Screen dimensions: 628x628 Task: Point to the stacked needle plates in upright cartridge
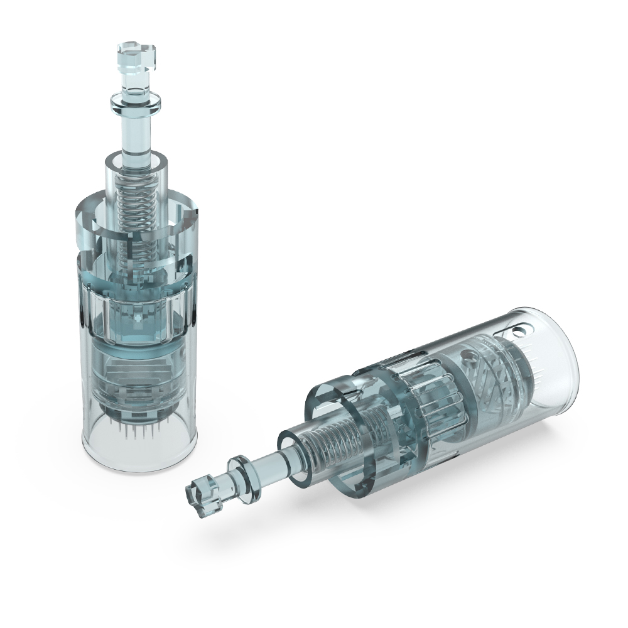[x=137, y=377]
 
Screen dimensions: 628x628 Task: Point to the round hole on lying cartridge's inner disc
[x=467, y=359]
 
